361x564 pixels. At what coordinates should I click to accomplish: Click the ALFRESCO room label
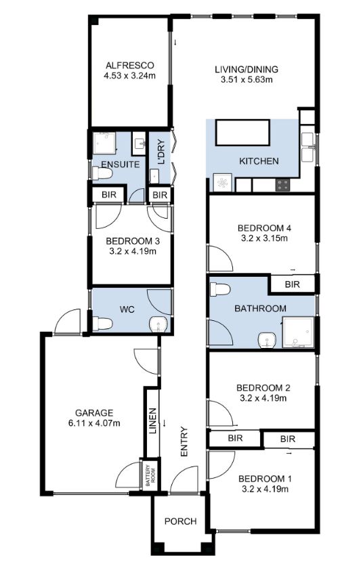tap(129, 66)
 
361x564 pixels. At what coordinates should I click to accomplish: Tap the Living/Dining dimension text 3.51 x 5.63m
tap(247, 79)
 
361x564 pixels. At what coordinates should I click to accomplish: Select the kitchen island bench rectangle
tap(242, 133)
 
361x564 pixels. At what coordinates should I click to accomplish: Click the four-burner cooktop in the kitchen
tap(283, 185)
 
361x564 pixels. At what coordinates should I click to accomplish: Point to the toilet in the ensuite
tap(102, 174)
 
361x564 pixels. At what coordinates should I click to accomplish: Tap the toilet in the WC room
tap(102, 323)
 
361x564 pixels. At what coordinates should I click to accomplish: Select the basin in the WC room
tap(158, 324)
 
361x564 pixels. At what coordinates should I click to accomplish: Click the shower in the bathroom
tap(299, 332)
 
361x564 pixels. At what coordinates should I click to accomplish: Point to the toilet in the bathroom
tap(220, 290)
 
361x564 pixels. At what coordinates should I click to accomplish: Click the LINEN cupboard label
tap(153, 420)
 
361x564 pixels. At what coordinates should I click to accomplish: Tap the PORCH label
tap(181, 521)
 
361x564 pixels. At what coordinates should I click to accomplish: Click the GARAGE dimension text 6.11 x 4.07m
tap(94, 423)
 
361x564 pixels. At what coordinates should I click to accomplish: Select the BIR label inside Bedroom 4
tap(293, 284)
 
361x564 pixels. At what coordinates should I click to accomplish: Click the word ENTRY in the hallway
tap(184, 441)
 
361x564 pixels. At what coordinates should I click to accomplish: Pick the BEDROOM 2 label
tap(263, 388)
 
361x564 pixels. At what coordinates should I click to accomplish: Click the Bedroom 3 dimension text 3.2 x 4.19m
tap(133, 251)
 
